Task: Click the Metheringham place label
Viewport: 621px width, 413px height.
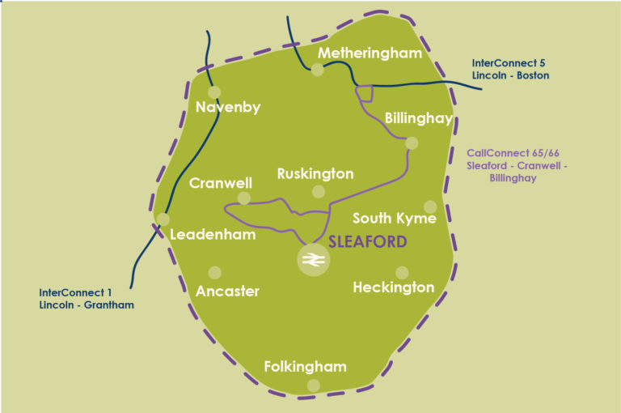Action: pos(370,53)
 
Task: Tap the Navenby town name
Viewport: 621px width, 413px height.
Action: pos(229,107)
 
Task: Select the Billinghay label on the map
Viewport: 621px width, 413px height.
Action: pos(418,118)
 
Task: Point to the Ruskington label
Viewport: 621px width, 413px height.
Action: pos(315,174)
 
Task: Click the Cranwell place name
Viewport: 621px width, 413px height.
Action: pos(221,184)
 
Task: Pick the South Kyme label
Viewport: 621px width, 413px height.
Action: pos(395,219)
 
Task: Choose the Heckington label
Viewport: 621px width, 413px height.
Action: pos(394,287)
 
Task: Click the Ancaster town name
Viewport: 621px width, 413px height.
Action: pos(228,292)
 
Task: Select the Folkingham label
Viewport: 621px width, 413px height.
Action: pos(306,367)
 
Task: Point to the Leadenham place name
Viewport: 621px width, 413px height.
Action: pos(213,236)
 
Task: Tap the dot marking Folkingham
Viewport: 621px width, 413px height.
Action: pos(314,385)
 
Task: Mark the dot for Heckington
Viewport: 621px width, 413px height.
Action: pos(402,273)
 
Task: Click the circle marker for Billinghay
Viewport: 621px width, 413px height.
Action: pos(412,143)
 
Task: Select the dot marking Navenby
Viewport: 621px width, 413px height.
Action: pos(214,92)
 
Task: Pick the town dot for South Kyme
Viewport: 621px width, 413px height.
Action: pos(430,206)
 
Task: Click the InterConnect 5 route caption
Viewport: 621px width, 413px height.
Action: pos(511,68)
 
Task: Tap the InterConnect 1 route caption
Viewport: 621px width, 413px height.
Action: pos(86,299)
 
